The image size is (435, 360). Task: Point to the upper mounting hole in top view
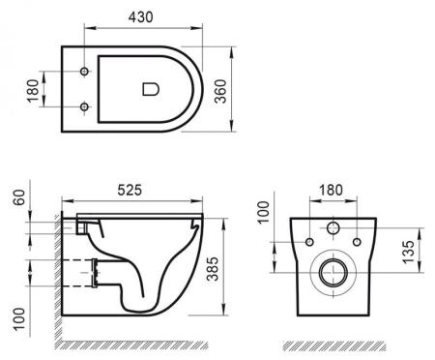(85, 73)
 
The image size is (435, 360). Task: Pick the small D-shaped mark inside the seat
(150, 89)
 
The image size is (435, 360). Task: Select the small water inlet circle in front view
(333, 229)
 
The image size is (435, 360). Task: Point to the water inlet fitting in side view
(84, 225)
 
